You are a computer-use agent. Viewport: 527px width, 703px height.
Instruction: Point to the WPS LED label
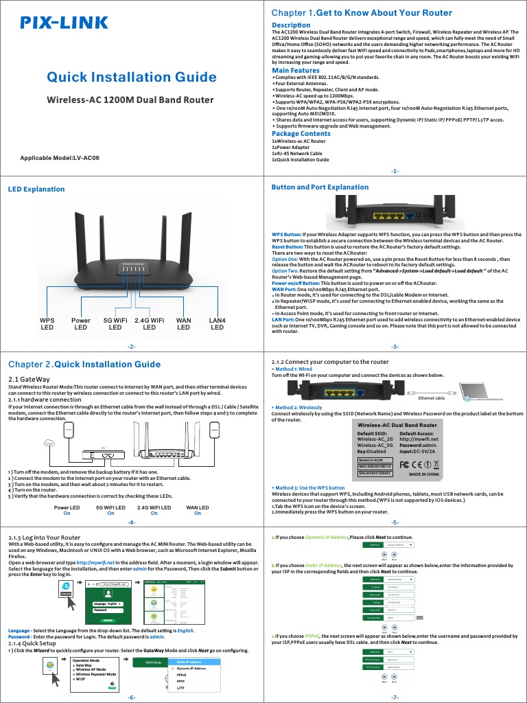click(x=47, y=323)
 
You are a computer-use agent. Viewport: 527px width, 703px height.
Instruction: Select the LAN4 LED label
click(x=217, y=323)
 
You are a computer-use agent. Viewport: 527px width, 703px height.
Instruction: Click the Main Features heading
click(x=296, y=71)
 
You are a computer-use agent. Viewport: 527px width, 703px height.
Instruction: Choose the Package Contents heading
click(x=301, y=134)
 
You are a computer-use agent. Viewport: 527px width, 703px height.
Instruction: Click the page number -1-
click(x=395, y=170)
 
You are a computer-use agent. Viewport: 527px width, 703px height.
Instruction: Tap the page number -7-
click(x=395, y=697)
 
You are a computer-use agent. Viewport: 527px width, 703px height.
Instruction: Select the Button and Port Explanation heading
click(x=320, y=187)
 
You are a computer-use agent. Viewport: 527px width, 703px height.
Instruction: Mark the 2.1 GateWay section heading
click(x=29, y=378)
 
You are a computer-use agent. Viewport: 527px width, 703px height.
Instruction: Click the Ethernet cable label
click(x=431, y=397)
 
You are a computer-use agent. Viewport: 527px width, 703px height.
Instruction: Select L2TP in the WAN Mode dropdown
click(x=181, y=687)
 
